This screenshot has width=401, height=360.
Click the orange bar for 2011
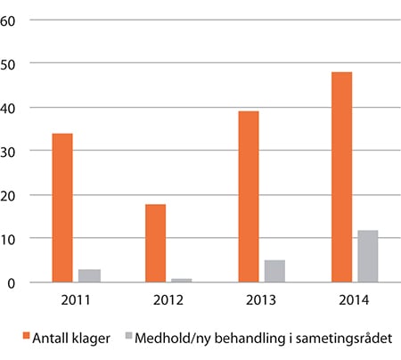pyautogui.click(x=61, y=208)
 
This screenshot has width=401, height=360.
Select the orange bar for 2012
pyautogui.click(x=155, y=243)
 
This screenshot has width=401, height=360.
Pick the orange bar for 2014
pyautogui.click(x=341, y=177)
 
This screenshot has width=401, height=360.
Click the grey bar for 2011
pyautogui.click(x=89, y=275)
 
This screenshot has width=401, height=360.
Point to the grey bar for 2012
pyautogui.click(x=182, y=280)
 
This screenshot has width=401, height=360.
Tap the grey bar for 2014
pyautogui.click(x=368, y=257)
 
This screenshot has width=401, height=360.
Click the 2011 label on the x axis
pyautogui.click(x=76, y=301)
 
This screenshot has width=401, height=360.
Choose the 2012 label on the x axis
pyautogui.click(x=168, y=301)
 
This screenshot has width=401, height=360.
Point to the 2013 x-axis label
pyautogui.click(x=261, y=301)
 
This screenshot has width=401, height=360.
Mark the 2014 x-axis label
pyautogui.click(x=354, y=301)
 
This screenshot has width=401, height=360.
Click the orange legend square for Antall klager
pyautogui.click(x=28, y=337)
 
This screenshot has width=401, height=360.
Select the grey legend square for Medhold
pyautogui.click(x=128, y=337)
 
